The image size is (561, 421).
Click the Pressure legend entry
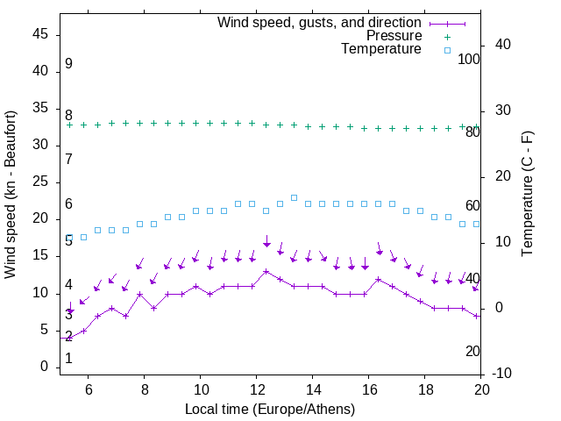(394, 36)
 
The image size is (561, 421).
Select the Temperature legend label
(381, 49)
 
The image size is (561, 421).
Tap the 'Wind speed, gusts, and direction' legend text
(320, 22)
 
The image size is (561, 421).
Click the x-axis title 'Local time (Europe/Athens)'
(270, 409)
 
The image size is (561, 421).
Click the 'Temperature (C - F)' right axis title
(527, 195)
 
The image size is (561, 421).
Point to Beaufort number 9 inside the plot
(68, 64)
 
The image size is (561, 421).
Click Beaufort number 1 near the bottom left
(68, 359)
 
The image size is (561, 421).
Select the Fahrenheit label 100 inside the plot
(469, 60)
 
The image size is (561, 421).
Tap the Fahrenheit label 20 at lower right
(472, 351)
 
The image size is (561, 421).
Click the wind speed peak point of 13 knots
(266, 271)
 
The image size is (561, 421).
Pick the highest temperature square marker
(294, 197)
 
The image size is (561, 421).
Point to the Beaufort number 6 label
(68, 204)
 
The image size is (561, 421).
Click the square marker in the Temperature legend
(446, 50)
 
